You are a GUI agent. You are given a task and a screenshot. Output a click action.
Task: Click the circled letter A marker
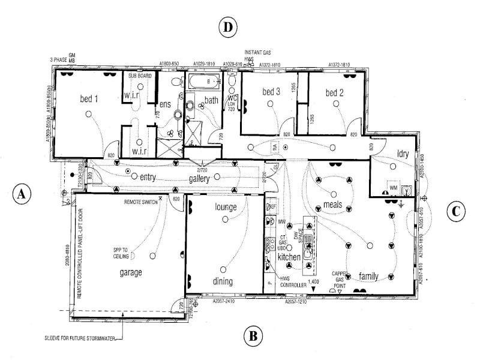coord(22,194)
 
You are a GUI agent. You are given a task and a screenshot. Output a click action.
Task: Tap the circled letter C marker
coord(456,211)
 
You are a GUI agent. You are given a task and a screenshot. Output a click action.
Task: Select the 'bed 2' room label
coord(334,92)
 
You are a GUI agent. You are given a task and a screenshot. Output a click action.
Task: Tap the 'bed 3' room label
coord(271,92)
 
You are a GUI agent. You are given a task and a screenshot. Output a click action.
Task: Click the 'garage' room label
coord(130,272)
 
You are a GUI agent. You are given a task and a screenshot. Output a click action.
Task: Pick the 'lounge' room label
coord(224,207)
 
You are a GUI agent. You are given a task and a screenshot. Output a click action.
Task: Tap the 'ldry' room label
coord(403,154)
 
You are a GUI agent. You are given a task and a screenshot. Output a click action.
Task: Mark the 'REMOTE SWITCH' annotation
coord(141,203)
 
